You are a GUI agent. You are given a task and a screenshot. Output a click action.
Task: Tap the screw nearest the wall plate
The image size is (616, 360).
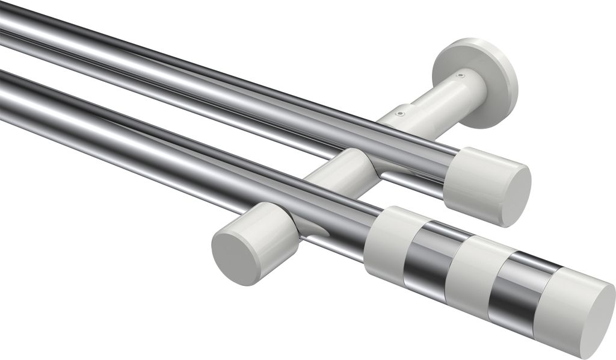point(460,76)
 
